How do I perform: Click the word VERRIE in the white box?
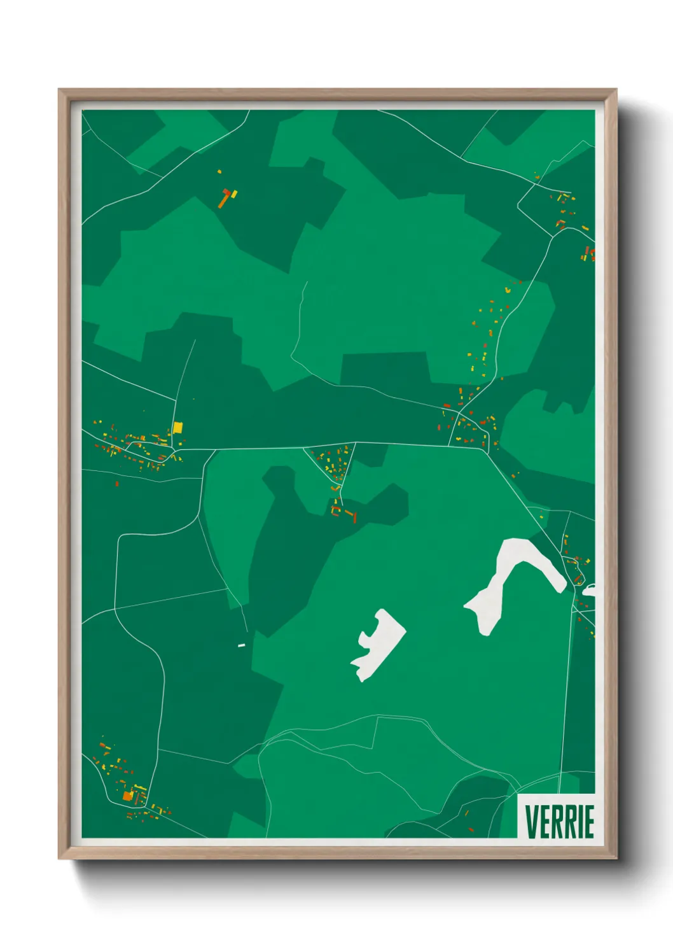tap(559, 821)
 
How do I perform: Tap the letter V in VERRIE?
tap(531, 821)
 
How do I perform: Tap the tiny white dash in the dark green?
tap(242, 645)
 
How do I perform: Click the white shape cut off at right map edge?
tap(590, 590)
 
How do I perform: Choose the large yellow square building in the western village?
tap(177, 427)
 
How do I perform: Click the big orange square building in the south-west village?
tap(127, 796)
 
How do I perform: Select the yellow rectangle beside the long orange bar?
tap(233, 193)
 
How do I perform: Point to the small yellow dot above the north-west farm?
tap(219, 171)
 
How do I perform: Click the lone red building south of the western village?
tap(116, 484)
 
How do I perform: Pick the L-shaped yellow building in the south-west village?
tap(139, 790)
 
